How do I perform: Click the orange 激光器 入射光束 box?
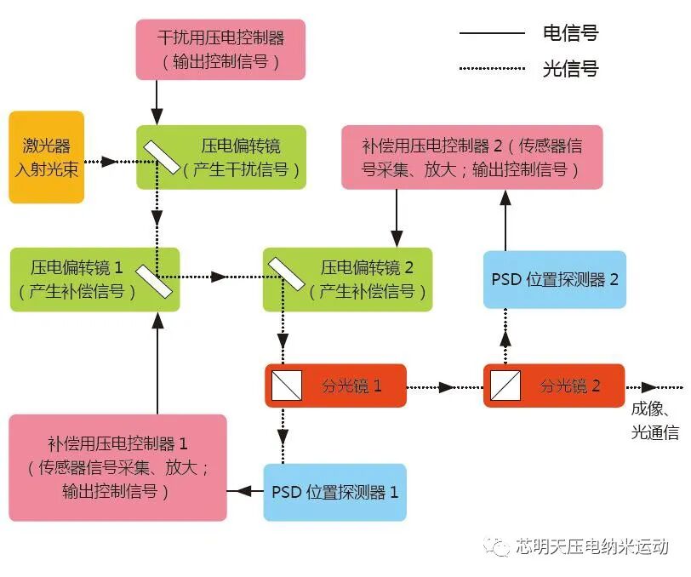(47, 157)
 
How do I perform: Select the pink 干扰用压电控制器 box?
(220, 49)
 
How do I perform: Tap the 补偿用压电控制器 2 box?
(471, 157)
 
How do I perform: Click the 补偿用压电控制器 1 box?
(118, 467)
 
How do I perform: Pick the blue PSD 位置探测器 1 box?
(335, 492)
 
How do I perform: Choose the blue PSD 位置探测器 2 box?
(554, 279)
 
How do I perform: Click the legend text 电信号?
(570, 33)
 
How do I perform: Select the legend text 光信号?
(570, 68)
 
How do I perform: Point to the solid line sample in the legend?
(492, 33)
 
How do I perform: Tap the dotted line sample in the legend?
(492, 68)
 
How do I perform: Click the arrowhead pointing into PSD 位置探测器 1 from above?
(284, 457)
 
